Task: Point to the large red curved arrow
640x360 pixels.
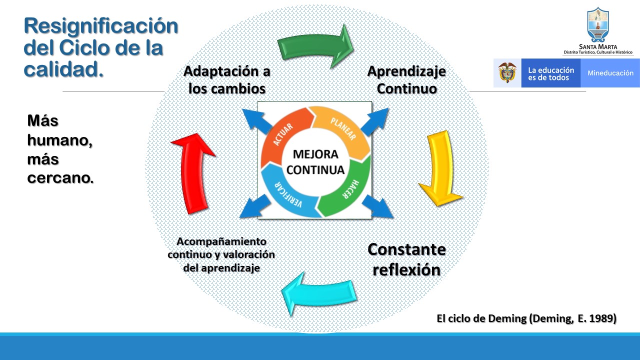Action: click(x=192, y=172)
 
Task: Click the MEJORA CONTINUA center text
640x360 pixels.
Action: click(x=315, y=162)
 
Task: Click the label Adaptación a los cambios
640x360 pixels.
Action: click(x=226, y=80)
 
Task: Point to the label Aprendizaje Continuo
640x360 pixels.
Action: click(x=406, y=80)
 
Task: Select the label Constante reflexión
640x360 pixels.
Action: click(x=406, y=259)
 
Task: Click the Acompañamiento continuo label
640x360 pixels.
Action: click(x=221, y=254)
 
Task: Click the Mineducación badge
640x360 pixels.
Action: click(x=610, y=73)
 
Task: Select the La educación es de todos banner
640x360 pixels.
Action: click(x=550, y=73)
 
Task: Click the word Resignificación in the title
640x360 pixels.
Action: click(x=101, y=25)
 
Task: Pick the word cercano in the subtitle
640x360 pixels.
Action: click(x=59, y=178)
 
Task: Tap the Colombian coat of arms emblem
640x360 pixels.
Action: click(x=507, y=73)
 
